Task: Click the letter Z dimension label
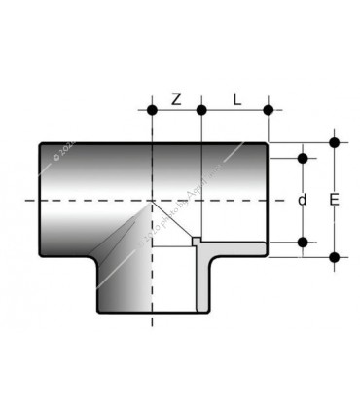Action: (x=176, y=98)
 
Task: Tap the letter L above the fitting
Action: (x=236, y=98)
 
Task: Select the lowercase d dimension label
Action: (x=303, y=200)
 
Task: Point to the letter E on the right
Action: (x=334, y=200)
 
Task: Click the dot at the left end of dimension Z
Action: (x=152, y=110)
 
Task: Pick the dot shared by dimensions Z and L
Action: (x=201, y=110)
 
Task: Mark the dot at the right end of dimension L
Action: (x=269, y=110)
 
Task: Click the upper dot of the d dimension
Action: (x=303, y=157)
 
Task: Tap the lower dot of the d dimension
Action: (x=303, y=242)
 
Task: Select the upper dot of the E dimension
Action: (x=334, y=142)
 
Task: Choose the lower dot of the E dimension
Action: (x=334, y=257)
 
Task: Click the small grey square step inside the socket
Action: (x=196, y=241)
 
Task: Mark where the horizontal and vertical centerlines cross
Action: (x=152, y=200)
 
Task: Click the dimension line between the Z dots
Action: (x=176, y=110)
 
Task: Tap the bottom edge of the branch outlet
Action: (x=151, y=314)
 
